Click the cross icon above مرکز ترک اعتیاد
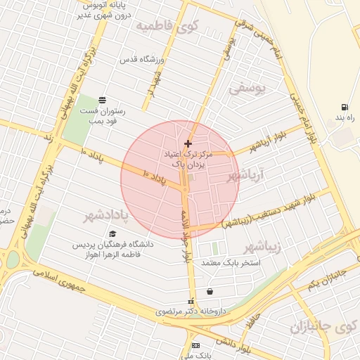[187, 143]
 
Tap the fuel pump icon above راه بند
[345, 107]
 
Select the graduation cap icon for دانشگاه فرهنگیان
[112, 234]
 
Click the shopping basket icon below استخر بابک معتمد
[210, 291]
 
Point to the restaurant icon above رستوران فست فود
[103, 99]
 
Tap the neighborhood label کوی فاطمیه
[168, 27]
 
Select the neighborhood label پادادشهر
[109, 213]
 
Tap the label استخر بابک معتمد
[231, 263]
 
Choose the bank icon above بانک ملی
[195, 345]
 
